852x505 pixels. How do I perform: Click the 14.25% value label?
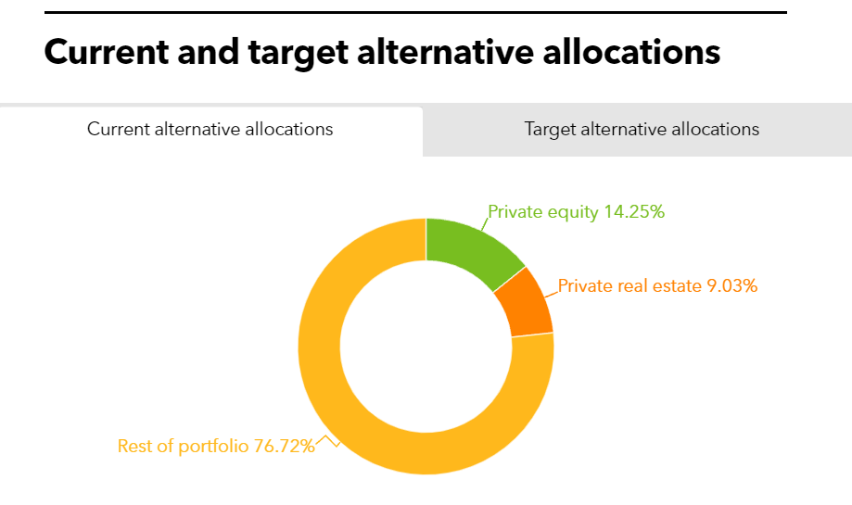[x=634, y=212]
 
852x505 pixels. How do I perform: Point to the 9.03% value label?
[x=731, y=285]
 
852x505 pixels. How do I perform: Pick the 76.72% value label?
[x=285, y=446]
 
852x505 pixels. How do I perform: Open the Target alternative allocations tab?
[x=637, y=130]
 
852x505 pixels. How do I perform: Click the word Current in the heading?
[x=107, y=52]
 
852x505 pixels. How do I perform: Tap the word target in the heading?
[x=298, y=53]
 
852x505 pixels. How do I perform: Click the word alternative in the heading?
[x=446, y=52]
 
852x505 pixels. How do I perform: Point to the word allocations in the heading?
[x=631, y=52]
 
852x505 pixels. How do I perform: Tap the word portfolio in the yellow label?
[x=213, y=447]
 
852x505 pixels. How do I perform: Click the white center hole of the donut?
[x=426, y=347]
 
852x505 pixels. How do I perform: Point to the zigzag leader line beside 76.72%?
[x=327, y=441]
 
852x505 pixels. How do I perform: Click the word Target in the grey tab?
[x=550, y=130]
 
